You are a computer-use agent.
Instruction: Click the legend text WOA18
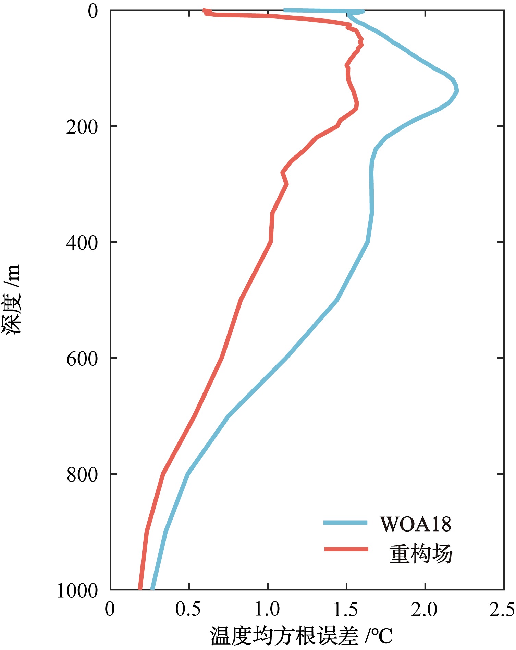pyautogui.click(x=415, y=524)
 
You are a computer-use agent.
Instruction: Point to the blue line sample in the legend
pyautogui.click(x=345, y=523)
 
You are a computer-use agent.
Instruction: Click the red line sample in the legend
pyautogui.click(x=346, y=549)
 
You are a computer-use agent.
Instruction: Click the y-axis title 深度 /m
pyautogui.click(x=13, y=300)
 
